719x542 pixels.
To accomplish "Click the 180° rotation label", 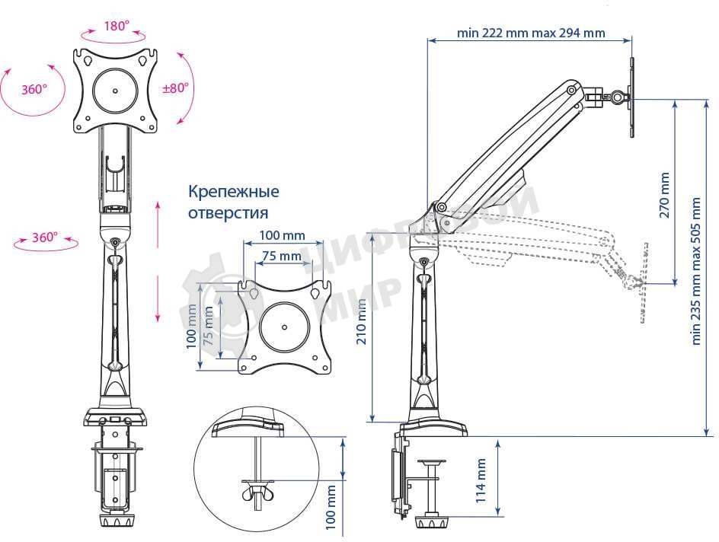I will pyautogui.click(x=116, y=26).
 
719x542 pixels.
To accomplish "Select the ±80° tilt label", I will pyautogui.click(x=174, y=88).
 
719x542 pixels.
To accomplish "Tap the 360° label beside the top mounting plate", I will pyautogui.click(x=34, y=89).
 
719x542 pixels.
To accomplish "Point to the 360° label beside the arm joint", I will pyautogui.click(x=45, y=238).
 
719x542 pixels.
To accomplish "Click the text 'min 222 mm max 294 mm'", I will pyautogui.click(x=531, y=33).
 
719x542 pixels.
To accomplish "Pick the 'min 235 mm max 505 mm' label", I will pyautogui.click(x=696, y=271).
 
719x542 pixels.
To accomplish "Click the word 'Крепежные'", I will pyautogui.click(x=233, y=191).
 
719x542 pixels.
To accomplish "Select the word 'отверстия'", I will pyautogui.click(x=228, y=213).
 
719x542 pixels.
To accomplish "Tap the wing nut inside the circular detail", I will pyautogui.click(x=257, y=495).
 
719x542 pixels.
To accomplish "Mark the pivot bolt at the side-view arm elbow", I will pyautogui.click(x=440, y=206).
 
